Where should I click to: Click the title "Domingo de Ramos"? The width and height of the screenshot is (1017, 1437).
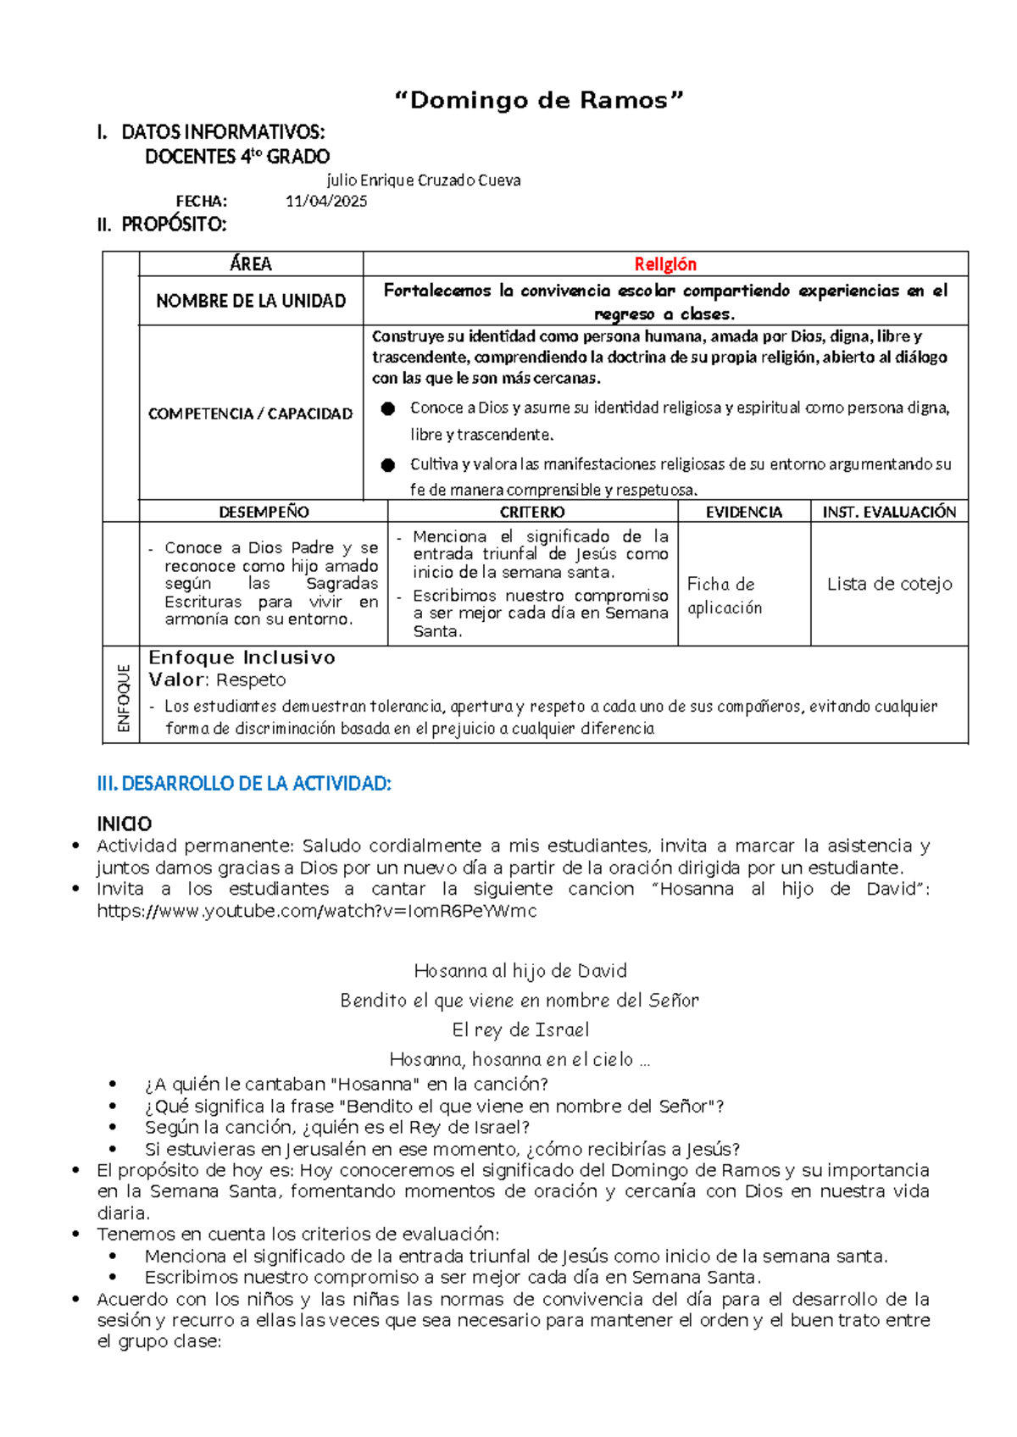(x=539, y=101)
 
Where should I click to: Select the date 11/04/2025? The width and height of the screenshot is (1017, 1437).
(x=326, y=202)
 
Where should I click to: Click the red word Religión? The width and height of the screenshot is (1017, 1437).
(x=665, y=264)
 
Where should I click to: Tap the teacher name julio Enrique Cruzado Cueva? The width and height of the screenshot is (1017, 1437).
(x=424, y=180)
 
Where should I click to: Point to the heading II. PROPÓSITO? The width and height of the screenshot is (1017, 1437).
(x=162, y=225)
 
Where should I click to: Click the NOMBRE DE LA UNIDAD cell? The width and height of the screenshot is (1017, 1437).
(x=251, y=301)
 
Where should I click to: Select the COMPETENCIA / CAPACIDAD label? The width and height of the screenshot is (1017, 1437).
(x=251, y=413)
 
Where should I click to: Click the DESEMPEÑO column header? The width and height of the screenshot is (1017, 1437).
(x=264, y=512)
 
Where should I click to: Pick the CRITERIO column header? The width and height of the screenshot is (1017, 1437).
(x=532, y=512)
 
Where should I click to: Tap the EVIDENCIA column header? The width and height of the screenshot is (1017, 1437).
(x=744, y=512)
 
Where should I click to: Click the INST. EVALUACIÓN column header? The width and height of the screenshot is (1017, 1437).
(x=889, y=512)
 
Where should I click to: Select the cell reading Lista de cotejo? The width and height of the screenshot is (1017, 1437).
(x=889, y=584)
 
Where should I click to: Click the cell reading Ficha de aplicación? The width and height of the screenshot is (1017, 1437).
(x=725, y=596)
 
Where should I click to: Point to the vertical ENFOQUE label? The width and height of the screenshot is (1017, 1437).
(x=124, y=697)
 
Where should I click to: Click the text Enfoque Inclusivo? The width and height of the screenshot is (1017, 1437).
(x=242, y=657)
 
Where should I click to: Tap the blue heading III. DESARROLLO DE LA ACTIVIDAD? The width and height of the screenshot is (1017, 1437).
(x=244, y=784)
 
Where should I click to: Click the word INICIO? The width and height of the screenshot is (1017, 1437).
(x=125, y=824)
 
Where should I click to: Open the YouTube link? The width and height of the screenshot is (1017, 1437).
(x=317, y=911)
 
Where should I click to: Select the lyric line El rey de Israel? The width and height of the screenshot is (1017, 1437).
(x=520, y=1029)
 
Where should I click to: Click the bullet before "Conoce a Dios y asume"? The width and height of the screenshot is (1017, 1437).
(x=388, y=408)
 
